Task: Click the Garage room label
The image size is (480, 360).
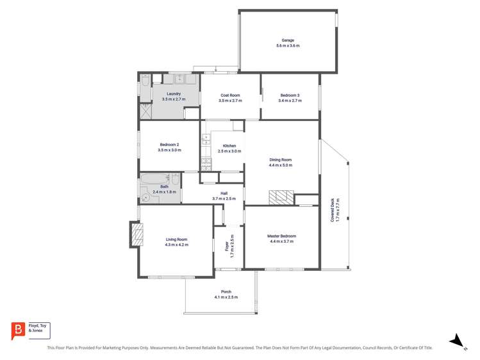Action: coord(288,40)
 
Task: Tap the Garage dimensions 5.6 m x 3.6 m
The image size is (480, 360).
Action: coord(288,46)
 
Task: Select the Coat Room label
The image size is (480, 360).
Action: coord(230,95)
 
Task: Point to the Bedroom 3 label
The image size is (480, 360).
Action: coord(290,95)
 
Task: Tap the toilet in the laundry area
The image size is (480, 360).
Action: coord(145,80)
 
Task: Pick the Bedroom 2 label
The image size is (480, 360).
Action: coord(169,144)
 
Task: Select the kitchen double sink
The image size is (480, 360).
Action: coord(206,139)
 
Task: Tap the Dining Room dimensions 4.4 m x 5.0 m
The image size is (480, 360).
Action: coord(281,165)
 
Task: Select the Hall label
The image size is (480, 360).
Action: coord(224,193)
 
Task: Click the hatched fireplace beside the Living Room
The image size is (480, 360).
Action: coord(135,234)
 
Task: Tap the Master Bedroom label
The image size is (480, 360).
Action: coord(281,236)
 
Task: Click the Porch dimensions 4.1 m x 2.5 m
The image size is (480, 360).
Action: coord(226,297)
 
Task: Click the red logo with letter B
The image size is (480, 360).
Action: coord(19,330)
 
